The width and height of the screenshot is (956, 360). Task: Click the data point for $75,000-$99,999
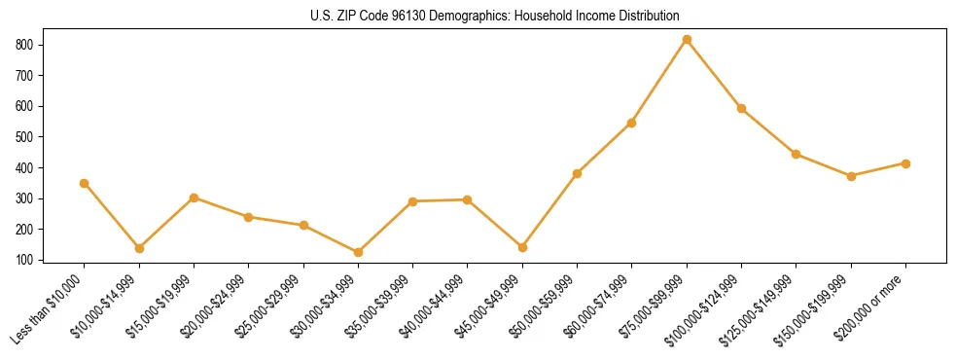687,40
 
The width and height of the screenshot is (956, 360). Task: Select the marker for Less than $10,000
85,183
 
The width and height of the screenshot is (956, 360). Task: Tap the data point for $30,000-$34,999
358,253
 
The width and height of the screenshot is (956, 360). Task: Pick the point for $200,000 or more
905,163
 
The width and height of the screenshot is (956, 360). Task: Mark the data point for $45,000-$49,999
522,247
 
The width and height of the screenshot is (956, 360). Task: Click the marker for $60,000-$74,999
632,123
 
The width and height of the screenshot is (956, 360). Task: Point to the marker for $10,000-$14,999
139,248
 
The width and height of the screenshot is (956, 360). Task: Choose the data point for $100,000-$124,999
741,109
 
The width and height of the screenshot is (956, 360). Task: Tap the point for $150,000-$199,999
851,176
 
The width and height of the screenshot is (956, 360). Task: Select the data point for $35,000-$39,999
412,201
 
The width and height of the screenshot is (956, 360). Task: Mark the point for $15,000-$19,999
194,198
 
